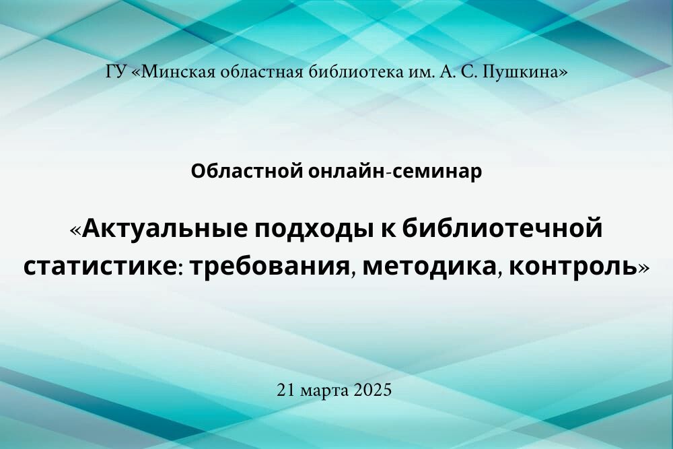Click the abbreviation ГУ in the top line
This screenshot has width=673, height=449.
(116, 71)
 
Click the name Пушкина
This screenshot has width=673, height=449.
(520, 71)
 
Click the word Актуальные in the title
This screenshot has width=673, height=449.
(165, 229)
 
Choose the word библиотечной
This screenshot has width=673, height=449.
(502, 228)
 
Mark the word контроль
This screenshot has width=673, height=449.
(573, 267)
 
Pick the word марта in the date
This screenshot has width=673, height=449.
(325, 391)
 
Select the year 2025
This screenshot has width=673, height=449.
(373, 390)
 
